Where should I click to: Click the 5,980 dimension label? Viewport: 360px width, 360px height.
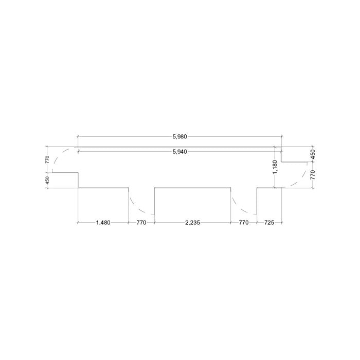click(x=180, y=137)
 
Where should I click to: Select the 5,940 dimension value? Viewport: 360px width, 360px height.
click(x=180, y=152)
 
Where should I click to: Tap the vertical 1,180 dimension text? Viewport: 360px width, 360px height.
click(x=276, y=167)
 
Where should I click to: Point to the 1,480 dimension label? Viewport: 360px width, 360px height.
click(x=103, y=223)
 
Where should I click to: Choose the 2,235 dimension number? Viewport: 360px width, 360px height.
click(x=193, y=223)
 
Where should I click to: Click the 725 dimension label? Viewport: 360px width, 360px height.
click(x=269, y=223)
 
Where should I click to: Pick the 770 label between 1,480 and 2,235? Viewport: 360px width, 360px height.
click(x=141, y=223)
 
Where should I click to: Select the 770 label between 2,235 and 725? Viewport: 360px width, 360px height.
click(x=244, y=223)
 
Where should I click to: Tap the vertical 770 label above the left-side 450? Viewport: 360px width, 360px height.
click(x=47, y=159)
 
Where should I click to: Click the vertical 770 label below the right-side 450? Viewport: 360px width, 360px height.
click(x=313, y=175)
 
